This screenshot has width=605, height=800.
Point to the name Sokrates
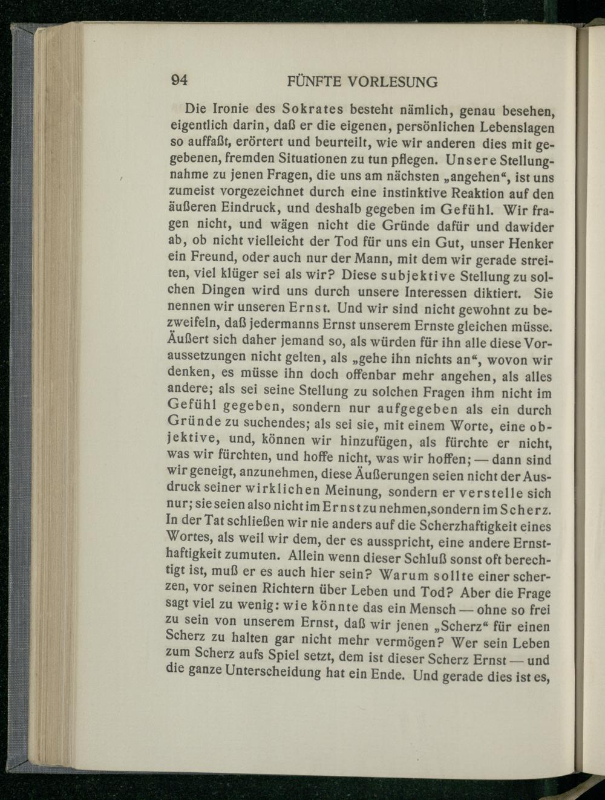tap(310, 110)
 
